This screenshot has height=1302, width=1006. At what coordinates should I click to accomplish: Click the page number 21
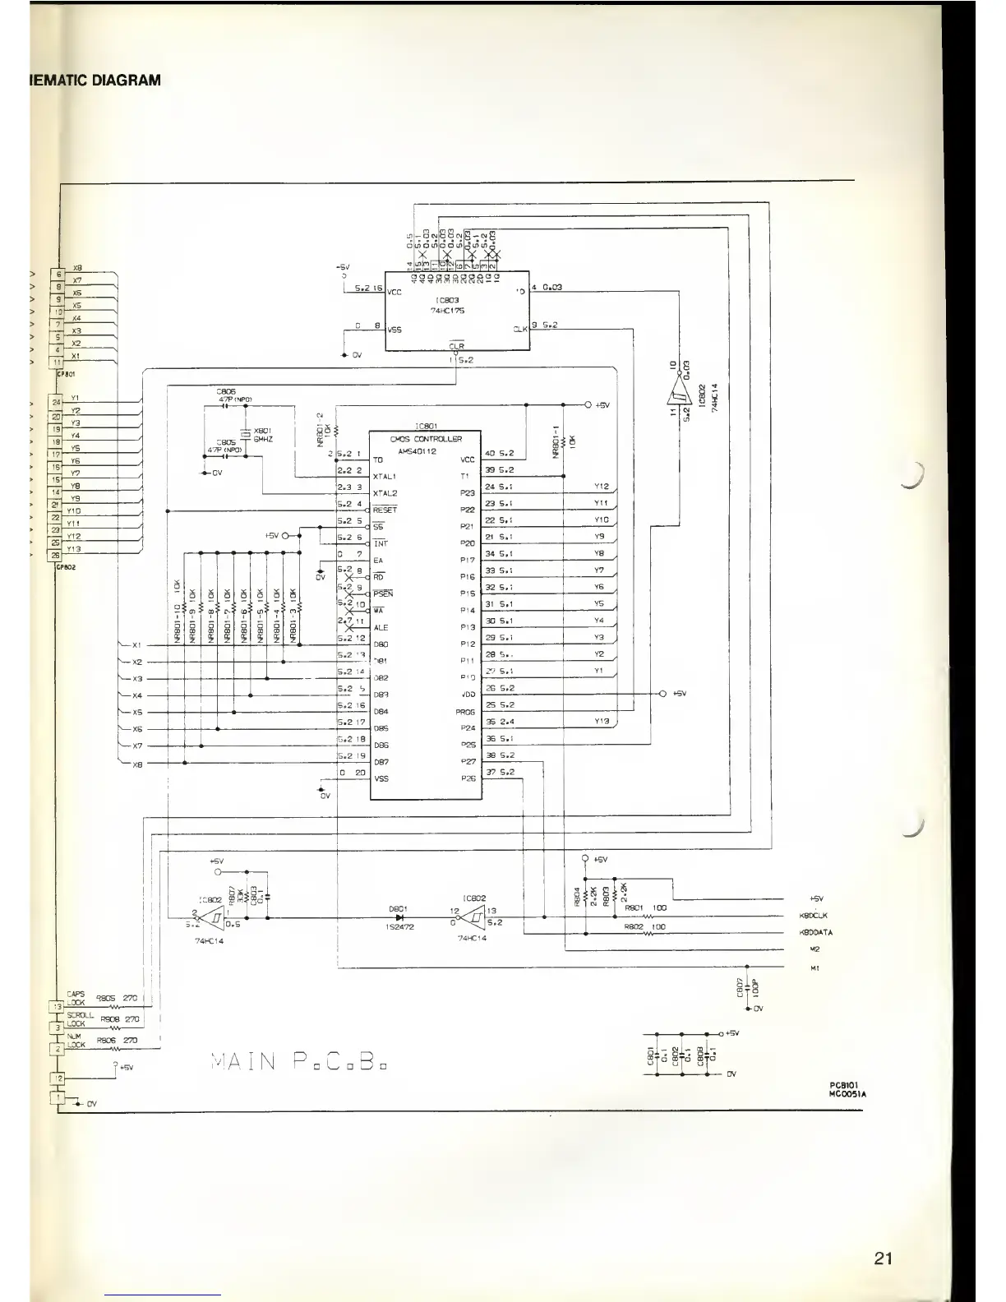[884, 1258]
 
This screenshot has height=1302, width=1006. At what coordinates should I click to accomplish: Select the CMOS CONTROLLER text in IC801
[427, 439]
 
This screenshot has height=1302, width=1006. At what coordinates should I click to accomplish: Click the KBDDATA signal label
[816, 933]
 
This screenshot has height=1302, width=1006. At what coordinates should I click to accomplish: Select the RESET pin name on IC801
[385, 510]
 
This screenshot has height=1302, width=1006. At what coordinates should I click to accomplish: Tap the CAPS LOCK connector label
[76, 998]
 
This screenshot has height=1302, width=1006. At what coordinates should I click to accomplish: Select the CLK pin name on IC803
[519, 329]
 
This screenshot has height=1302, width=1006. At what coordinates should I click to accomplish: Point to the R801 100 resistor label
[645, 908]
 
